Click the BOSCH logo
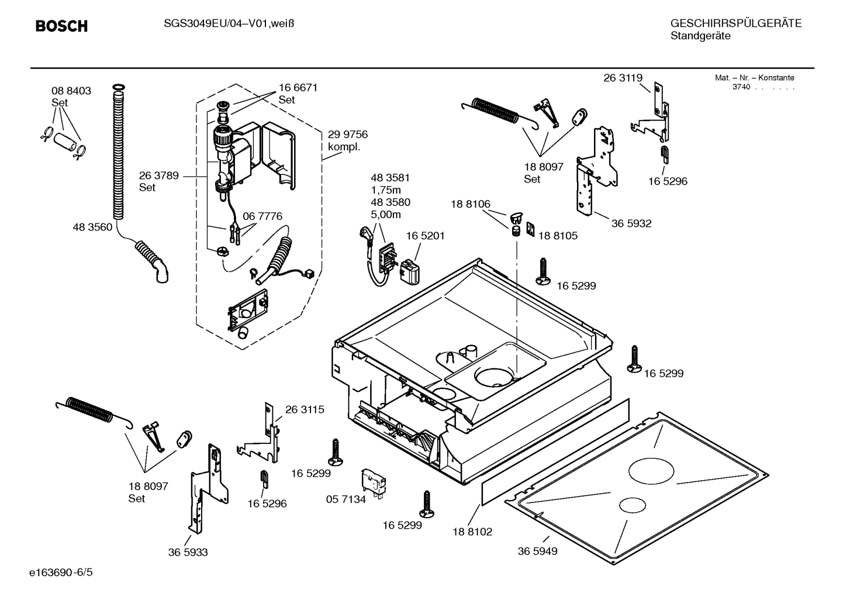pos(61,26)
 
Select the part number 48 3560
pos(92,228)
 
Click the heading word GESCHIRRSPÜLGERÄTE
pos(735,23)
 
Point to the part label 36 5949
pos(537,551)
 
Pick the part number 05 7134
pos(346,499)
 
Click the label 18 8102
pos(472,532)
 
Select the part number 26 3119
pos(623,78)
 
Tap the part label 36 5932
pos(631,223)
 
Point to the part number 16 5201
pos(426,236)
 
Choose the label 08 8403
pos(71,91)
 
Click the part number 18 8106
pos(470,204)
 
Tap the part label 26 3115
pos(305,409)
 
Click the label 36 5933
pos(188,552)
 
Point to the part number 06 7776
pos(262,216)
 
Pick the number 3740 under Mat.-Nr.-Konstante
pos(741,87)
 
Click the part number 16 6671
pos(298,87)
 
